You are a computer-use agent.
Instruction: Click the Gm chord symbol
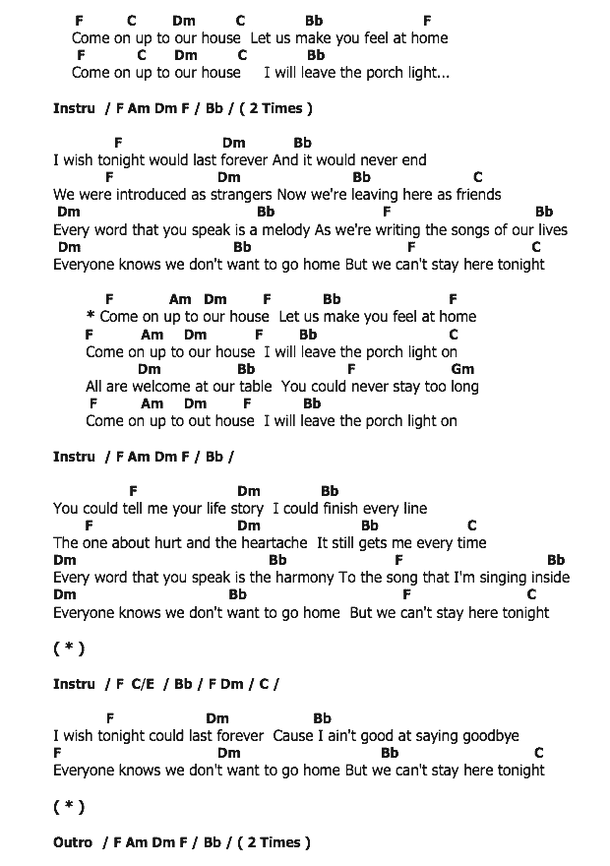pos(462,369)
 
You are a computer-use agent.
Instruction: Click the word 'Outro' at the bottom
pos(73,842)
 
